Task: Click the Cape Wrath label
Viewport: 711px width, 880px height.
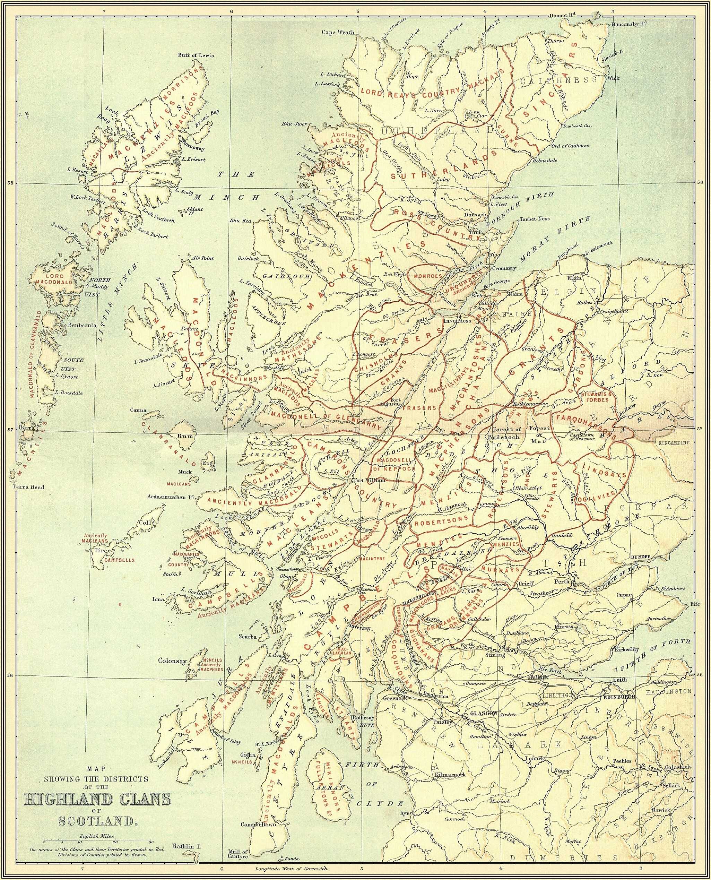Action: point(338,32)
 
